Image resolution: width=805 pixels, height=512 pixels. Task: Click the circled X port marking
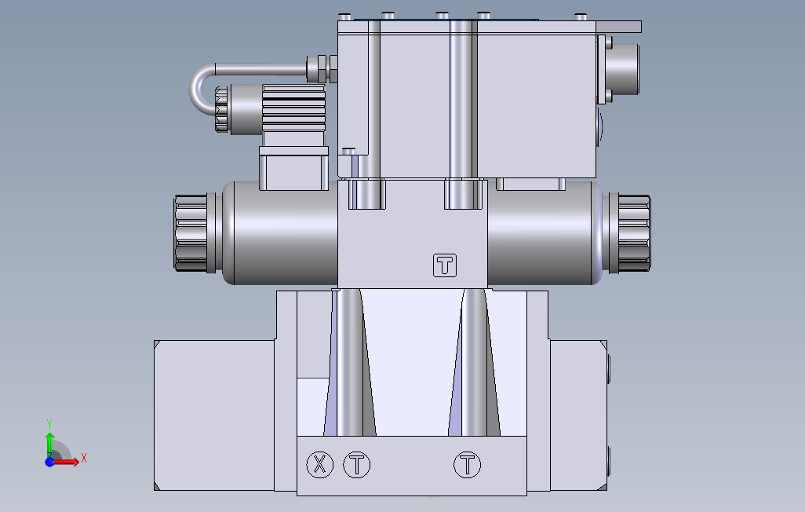[319, 465]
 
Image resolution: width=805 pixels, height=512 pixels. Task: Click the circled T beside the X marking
[356, 465]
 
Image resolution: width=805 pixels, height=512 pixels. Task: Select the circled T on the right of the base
[467, 465]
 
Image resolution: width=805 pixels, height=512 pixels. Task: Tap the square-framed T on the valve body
[445, 265]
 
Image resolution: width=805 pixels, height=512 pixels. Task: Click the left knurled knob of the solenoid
[191, 233]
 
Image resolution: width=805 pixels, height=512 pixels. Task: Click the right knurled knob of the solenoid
[634, 233]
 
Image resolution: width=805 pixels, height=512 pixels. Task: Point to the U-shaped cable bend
[198, 89]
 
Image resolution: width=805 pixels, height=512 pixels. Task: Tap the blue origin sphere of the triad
[49, 463]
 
